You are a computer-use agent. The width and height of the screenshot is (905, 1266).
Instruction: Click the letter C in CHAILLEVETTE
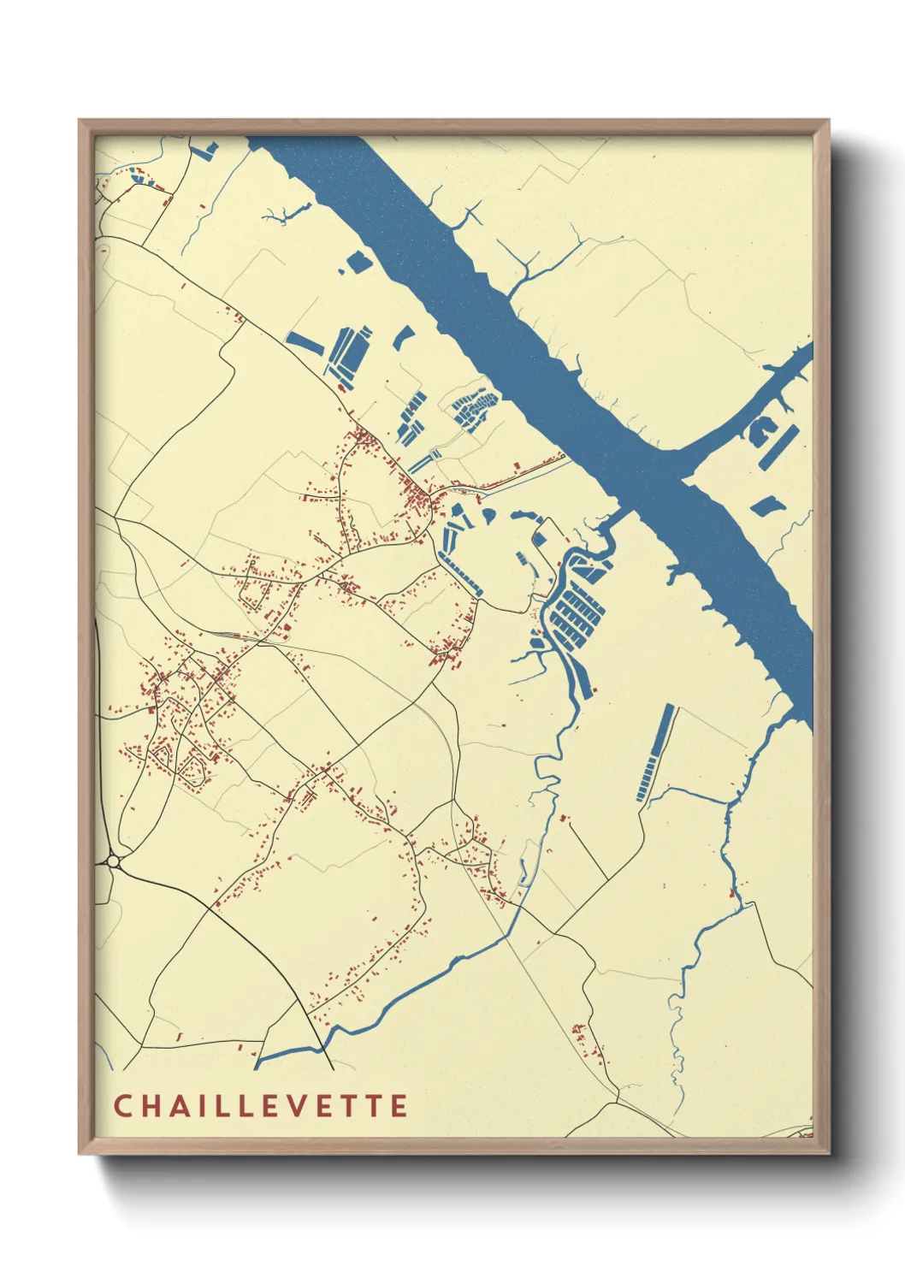click(122, 1105)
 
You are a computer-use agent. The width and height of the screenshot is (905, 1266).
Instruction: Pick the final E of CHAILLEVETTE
click(399, 1105)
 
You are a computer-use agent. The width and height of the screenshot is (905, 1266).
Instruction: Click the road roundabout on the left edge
click(113, 861)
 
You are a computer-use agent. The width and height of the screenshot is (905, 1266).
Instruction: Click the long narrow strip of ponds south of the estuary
click(655, 753)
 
